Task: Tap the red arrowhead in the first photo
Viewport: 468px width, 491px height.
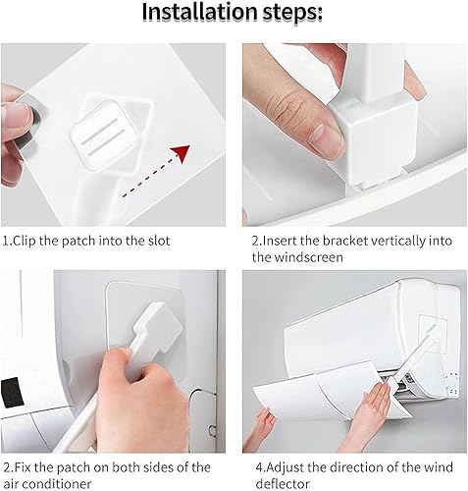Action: (181, 153)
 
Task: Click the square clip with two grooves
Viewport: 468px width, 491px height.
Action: (101, 136)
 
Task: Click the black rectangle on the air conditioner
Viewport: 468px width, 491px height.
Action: (11, 393)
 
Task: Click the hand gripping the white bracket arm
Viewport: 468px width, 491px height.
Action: (139, 395)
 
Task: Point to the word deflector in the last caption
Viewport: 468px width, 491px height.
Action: (283, 484)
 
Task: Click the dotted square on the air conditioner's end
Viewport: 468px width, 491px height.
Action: (452, 383)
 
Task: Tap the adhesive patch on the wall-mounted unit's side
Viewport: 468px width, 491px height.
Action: (433, 334)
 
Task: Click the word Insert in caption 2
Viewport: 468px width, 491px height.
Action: (277, 241)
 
